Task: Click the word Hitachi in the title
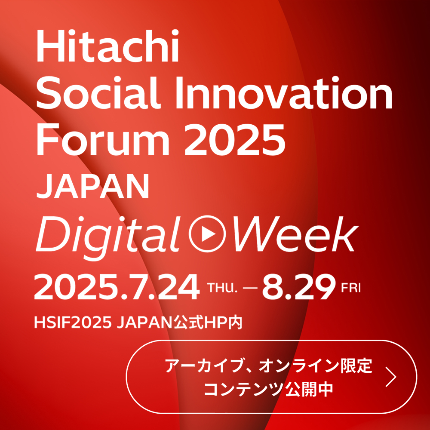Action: [x=107, y=46]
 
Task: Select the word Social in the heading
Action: [x=98, y=92]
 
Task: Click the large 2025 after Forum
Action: [x=235, y=140]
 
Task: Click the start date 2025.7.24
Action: [x=117, y=288]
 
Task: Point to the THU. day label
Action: [x=222, y=288]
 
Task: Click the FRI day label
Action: [x=351, y=288]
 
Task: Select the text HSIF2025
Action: [x=73, y=322]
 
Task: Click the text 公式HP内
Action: [x=208, y=322]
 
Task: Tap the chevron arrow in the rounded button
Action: [x=391, y=377]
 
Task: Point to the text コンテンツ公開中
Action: [x=269, y=389]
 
